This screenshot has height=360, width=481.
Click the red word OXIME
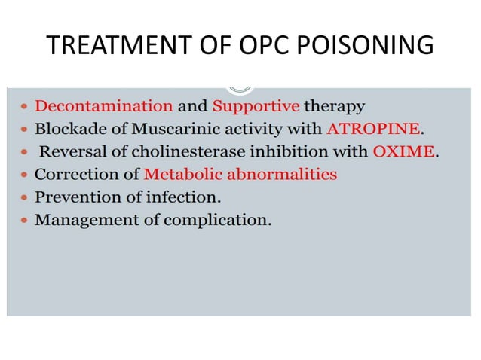point(403,151)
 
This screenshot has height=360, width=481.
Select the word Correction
point(75,175)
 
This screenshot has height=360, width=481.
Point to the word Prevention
point(75,198)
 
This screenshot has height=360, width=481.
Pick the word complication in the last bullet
point(219,221)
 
